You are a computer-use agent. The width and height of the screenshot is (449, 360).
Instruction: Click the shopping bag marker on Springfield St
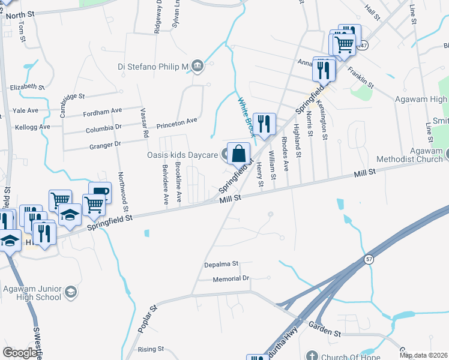[x=238, y=154]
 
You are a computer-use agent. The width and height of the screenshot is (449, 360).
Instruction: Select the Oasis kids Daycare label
[x=182, y=155]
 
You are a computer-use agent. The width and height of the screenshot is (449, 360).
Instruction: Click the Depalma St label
[x=221, y=263]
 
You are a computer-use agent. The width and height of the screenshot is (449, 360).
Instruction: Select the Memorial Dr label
[x=231, y=279]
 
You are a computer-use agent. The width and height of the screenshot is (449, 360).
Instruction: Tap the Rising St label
[x=151, y=349]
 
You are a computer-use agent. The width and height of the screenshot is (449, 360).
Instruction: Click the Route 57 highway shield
[x=367, y=259]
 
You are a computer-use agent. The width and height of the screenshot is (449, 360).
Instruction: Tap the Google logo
[x=20, y=353]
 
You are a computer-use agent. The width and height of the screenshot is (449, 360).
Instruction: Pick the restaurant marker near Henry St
[x=264, y=124]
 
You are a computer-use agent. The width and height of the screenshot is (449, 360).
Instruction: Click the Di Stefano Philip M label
[x=152, y=67]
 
